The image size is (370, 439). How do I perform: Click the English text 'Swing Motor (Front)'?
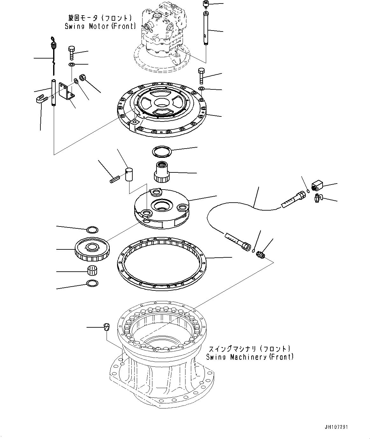point(100,26)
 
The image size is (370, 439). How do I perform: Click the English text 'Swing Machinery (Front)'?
point(250,357)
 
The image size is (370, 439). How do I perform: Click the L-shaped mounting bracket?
point(68,92)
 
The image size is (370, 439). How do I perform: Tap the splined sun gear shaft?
point(163,172)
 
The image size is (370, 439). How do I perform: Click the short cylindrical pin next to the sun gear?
point(129,175)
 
